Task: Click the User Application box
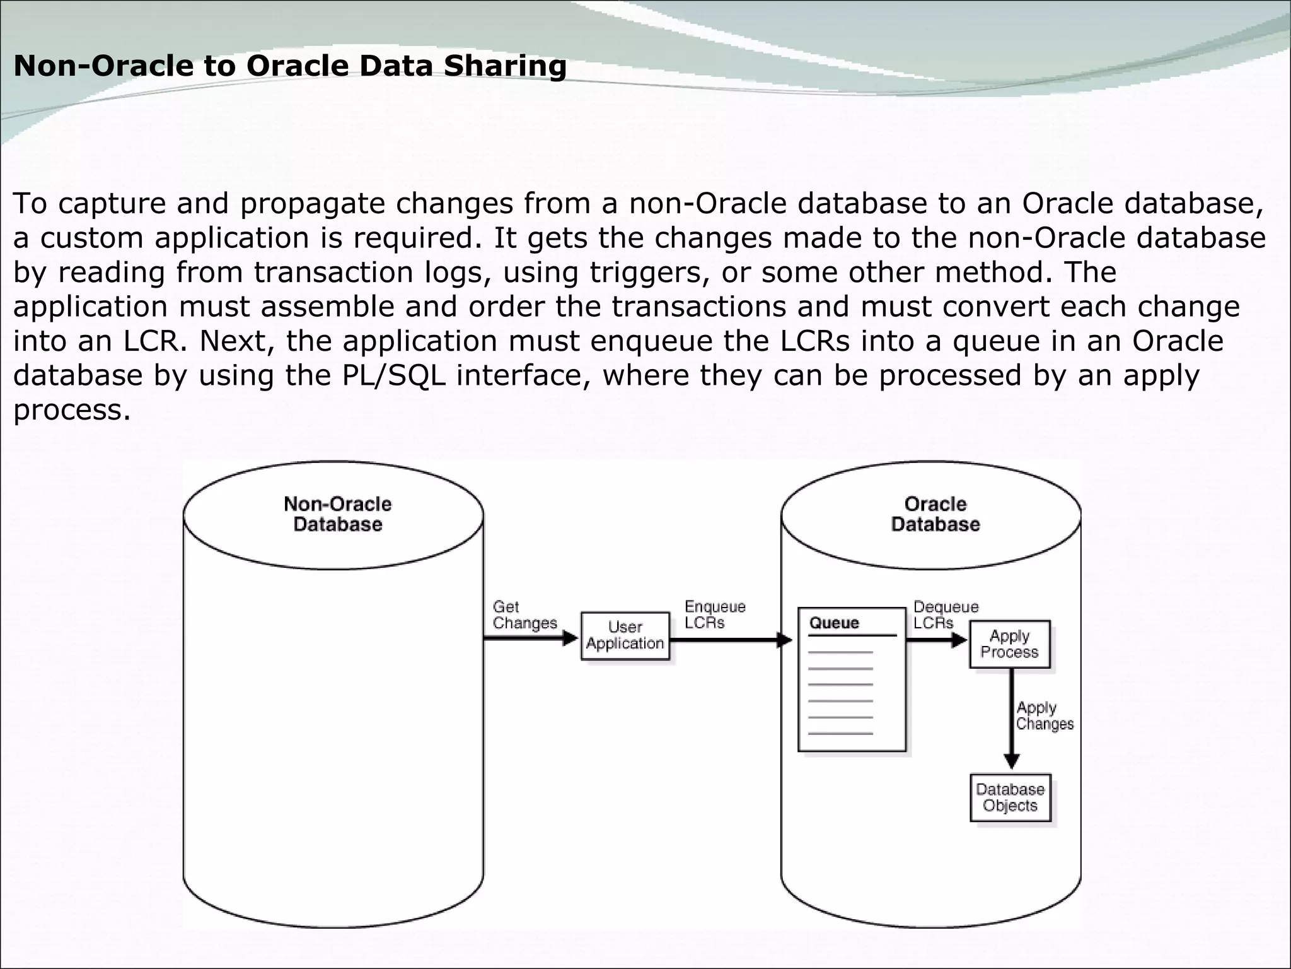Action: coord(625,636)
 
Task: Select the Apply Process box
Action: coord(1009,644)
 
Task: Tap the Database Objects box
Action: coord(1010,797)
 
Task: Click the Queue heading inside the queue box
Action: coord(834,623)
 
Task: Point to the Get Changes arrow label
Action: coord(524,615)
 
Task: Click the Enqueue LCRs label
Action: coord(714,615)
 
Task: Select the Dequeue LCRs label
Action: coord(945,615)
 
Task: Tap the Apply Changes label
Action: coord(1044,716)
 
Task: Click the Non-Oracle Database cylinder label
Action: coord(337,514)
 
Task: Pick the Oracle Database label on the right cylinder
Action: coord(935,514)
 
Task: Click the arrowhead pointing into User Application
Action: coord(570,638)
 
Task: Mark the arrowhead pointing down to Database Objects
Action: coord(1011,761)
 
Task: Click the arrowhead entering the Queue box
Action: coord(785,640)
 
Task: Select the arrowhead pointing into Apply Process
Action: coord(959,640)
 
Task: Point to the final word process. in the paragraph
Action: coord(72,410)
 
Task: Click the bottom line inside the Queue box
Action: coord(840,733)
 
